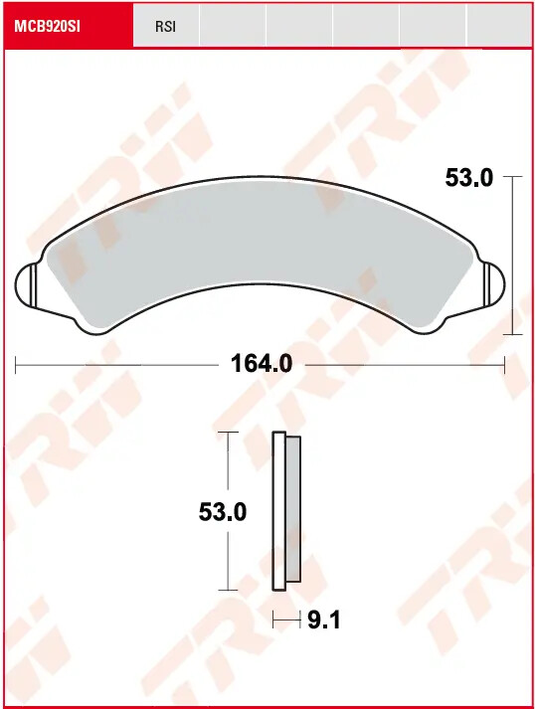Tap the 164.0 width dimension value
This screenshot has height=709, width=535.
(x=262, y=364)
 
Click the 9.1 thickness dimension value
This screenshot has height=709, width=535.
(x=324, y=620)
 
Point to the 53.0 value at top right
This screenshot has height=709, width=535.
(x=468, y=178)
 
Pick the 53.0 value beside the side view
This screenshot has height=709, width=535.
(x=223, y=512)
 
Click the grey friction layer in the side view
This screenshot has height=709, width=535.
(x=293, y=509)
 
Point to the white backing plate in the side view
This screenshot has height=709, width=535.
(x=278, y=509)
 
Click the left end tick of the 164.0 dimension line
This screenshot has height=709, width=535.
(x=16, y=364)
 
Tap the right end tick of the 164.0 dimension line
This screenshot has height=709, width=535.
(x=505, y=364)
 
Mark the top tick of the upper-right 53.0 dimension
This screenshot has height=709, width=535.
(x=512, y=177)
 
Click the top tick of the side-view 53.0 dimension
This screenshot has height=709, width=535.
(x=230, y=434)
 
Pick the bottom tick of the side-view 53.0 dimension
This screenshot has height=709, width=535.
(x=230, y=591)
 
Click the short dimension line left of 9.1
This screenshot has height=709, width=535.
(x=286, y=620)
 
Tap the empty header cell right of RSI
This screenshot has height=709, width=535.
(x=233, y=27)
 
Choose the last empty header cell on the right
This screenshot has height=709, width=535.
(x=499, y=27)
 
